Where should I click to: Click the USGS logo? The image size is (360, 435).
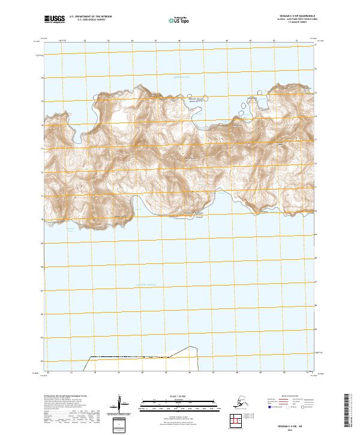(54, 20)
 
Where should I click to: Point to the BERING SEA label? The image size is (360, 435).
(181, 77)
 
